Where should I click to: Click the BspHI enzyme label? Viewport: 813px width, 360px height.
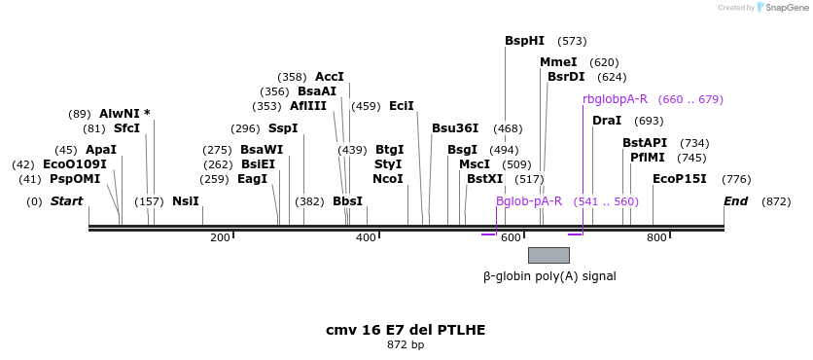click(524, 41)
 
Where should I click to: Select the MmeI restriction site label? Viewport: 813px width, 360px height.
click(558, 62)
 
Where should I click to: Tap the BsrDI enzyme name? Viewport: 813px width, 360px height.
click(566, 77)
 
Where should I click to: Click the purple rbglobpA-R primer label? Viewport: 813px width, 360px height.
click(615, 99)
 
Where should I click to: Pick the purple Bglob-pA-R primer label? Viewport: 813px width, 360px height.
click(529, 201)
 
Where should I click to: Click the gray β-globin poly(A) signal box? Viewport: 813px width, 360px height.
click(548, 255)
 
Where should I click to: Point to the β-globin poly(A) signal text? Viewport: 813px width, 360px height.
click(549, 276)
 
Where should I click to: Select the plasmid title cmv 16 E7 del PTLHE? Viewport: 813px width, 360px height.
click(406, 330)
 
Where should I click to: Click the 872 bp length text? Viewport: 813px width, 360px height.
click(406, 345)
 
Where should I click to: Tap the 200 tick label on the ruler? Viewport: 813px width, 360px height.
click(220, 237)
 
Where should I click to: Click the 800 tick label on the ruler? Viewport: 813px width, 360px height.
click(656, 237)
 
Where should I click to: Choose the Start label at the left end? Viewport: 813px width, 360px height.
click(66, 201)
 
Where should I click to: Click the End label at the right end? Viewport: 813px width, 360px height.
click(735, 201)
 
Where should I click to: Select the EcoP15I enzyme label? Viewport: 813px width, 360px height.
click(679, 179)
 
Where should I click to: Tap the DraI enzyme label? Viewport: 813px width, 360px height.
click(607, 121)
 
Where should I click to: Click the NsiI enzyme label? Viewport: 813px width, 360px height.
click(185, 201)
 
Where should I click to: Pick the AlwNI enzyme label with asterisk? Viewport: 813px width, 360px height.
click(124, 114)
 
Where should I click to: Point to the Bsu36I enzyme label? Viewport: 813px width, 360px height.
click(455, 128)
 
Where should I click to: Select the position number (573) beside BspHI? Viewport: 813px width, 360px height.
click(572, 41)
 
